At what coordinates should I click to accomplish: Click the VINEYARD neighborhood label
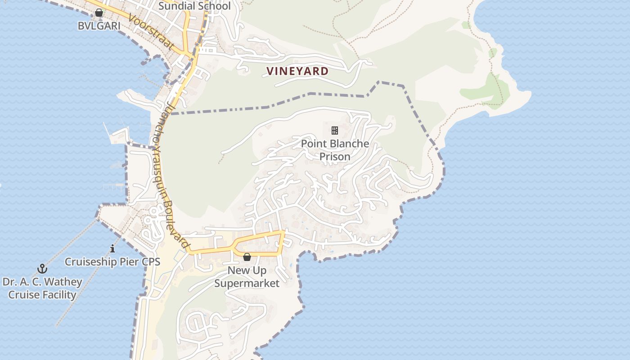coord(297,71)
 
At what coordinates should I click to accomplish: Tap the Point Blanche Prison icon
coord(335,130)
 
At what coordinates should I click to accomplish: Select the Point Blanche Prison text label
coord(335,150)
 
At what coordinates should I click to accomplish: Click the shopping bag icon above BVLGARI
coord(99,13)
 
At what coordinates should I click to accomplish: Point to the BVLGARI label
coord(99,26)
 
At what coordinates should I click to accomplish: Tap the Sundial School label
coord(194,6)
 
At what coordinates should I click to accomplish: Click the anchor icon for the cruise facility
coord(42,269)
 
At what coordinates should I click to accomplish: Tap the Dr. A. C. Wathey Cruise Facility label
coord(42,288)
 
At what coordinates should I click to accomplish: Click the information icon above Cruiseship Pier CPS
coord(112,248)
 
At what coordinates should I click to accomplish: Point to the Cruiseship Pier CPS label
coord(112,261)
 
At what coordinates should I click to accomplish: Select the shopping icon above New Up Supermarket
coord(247,257)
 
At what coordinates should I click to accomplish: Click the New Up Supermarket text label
coord(247,277)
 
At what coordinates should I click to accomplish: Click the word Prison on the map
coord(335,157)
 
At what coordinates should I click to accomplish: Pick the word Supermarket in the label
coord(247,283)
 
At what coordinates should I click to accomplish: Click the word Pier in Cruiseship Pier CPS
coord(126,261)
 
